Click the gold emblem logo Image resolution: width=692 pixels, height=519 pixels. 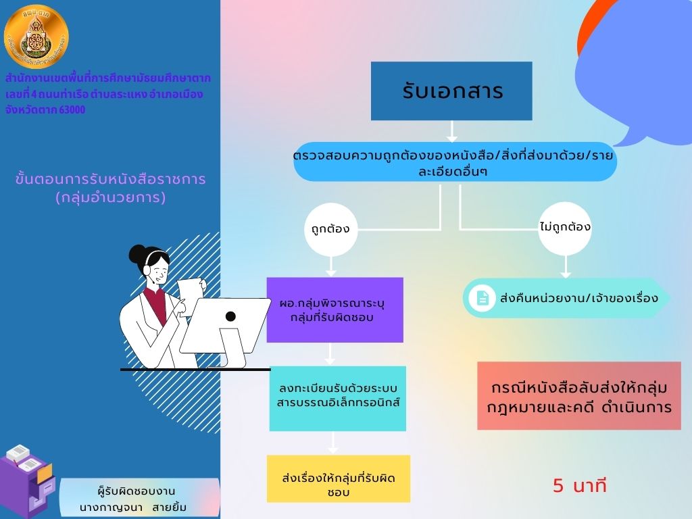(36, 37)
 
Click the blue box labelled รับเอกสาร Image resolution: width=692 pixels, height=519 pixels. (451, 91)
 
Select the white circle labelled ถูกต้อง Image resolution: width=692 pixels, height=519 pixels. (330, 228)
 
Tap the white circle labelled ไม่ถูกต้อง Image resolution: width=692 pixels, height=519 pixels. (565, 227)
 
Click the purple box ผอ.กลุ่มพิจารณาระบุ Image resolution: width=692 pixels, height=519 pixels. (335, 310)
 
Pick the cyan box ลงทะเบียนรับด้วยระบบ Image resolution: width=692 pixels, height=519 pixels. (337, 398)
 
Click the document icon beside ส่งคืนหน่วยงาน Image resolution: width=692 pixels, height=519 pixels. (483, 297)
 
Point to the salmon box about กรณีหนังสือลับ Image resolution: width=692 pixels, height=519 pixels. (578, 396)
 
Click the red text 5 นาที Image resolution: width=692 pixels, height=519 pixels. (580, 486)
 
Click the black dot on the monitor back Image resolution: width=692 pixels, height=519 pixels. (230, 316)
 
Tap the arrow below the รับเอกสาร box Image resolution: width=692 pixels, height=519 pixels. (452, 131)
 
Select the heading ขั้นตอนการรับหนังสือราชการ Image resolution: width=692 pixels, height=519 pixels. (110, 180)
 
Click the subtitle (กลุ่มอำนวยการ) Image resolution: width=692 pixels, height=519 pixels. (110, 198)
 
